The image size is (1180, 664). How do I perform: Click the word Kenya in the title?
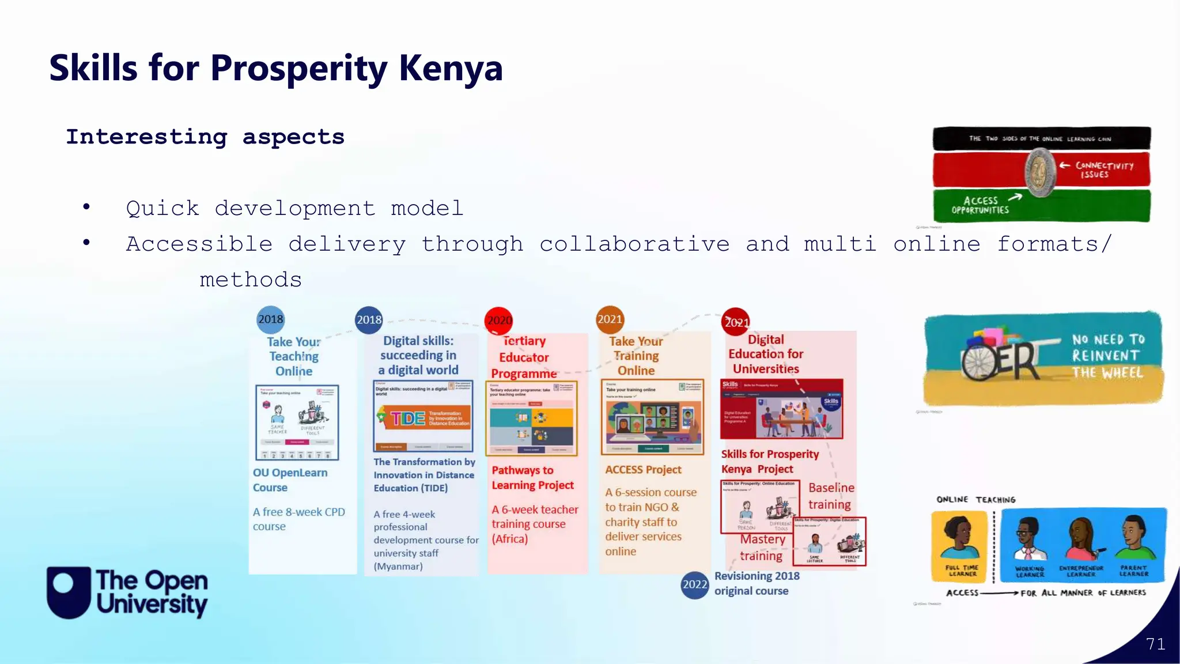click(451, 68)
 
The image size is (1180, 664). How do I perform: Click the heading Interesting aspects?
click(205, 137)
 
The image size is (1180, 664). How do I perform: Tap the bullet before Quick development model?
click(86, 207)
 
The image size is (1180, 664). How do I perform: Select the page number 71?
click(1155, 644)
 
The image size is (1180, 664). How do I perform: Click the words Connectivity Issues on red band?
click(1103, 170)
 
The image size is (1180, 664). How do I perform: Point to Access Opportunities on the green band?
click(981, 205)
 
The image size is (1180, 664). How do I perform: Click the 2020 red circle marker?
click(499, 320)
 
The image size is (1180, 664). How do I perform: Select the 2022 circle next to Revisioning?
click(694, 584)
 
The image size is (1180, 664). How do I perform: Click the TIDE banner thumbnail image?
click(423, 418)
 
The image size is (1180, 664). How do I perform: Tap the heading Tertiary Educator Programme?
click(524, 357)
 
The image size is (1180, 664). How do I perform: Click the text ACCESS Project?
click(643, 470)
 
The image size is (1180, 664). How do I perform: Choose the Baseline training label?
click(830, 496)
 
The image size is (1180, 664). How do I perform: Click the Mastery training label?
click(762, 548)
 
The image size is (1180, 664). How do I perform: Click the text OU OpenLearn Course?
click(290, 480)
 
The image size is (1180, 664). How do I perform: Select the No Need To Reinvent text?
click(1107, 348)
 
